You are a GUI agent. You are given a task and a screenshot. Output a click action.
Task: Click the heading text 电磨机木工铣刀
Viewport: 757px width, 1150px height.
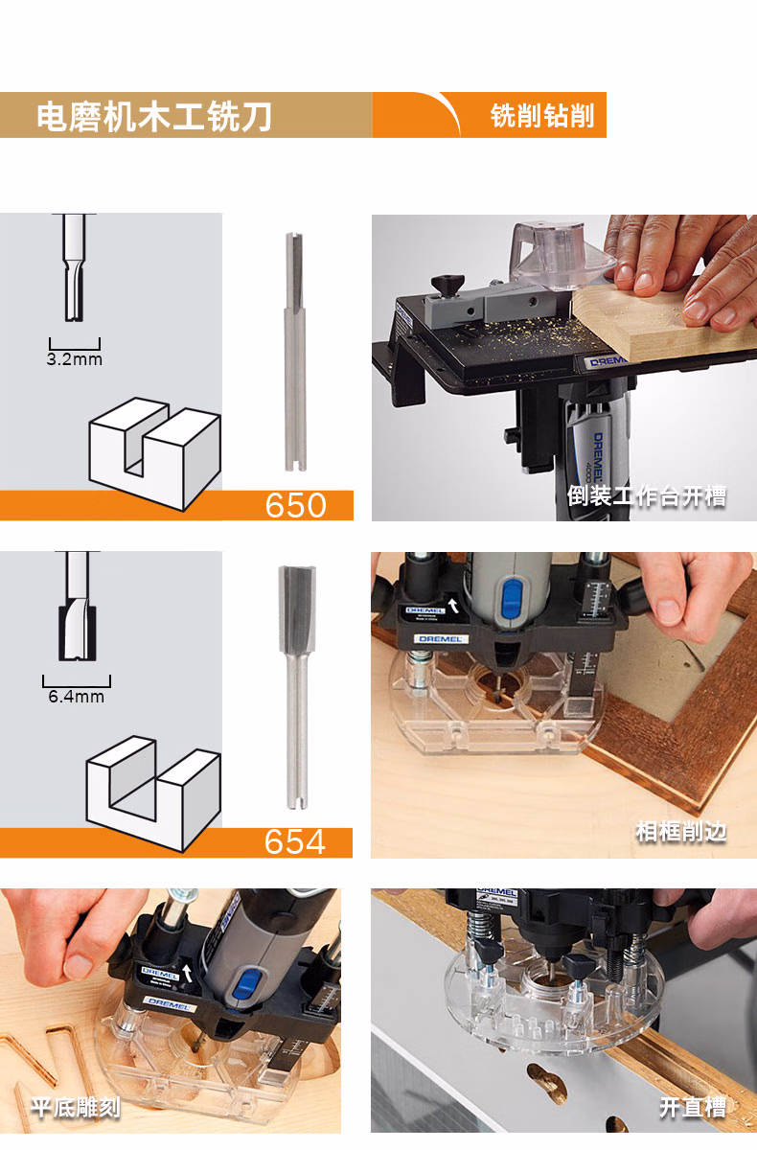[154, 117]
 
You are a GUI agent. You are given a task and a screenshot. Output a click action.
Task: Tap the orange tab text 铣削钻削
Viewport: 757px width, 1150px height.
[542, 116]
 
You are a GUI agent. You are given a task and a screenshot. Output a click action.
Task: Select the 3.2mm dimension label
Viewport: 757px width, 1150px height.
[75, 358]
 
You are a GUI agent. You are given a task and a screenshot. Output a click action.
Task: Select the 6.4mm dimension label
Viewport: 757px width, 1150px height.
[76, 697]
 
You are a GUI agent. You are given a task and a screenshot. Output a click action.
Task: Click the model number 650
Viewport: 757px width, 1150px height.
[296, 505]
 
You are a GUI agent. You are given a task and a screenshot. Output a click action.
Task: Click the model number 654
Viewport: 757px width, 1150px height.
[294, 841]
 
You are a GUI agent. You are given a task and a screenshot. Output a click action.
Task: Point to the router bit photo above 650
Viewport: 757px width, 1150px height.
[295, 352]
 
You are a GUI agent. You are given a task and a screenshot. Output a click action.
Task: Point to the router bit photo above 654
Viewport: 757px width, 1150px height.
[297, 688]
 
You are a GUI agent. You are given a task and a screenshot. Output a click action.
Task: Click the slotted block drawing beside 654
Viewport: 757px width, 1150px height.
[153, 793]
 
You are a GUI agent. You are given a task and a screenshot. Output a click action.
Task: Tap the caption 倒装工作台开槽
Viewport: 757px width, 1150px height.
[647, 496]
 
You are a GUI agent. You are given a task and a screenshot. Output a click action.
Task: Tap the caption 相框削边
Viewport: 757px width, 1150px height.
[681, 832]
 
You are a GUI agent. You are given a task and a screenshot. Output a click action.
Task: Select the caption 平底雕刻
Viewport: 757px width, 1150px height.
[76, 1108]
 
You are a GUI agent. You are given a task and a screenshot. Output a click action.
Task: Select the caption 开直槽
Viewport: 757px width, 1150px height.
[693, 1107]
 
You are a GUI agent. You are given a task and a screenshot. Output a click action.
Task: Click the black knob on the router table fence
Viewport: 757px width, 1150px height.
[447, 285]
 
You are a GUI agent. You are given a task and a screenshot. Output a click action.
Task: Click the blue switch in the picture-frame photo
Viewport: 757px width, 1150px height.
[511, 599]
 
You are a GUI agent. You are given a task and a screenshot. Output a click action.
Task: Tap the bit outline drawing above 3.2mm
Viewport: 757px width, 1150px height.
[74, 267]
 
